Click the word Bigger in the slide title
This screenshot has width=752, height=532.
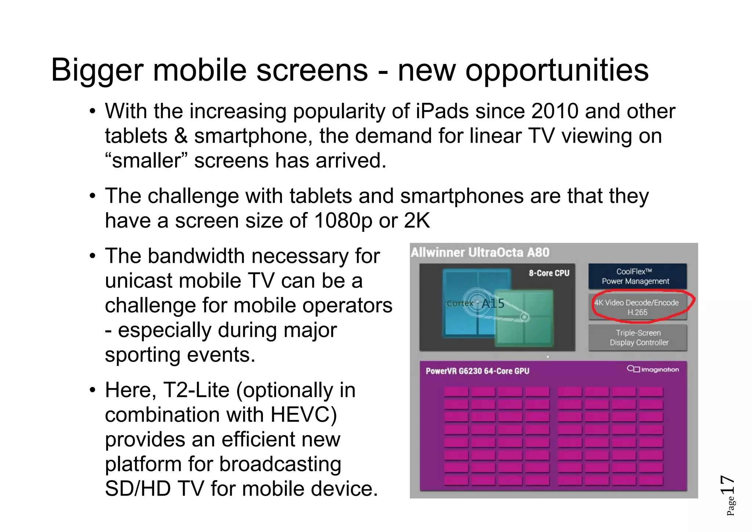97,71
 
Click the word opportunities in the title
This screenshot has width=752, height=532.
557,71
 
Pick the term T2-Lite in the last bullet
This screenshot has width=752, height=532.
196,390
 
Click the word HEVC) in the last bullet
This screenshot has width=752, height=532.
303,415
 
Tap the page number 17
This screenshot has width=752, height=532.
727,485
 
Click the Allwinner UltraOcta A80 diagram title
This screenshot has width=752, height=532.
480,253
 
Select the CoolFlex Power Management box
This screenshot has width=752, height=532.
637,276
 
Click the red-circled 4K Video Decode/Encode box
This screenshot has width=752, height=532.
637,307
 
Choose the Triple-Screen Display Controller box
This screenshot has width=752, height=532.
638,338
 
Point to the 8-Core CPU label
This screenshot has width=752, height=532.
549,273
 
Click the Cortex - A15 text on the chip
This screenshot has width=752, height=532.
476,303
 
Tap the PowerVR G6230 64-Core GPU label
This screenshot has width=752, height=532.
477,371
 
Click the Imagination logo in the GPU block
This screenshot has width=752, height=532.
653,369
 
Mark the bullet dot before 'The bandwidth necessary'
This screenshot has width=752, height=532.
93,256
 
